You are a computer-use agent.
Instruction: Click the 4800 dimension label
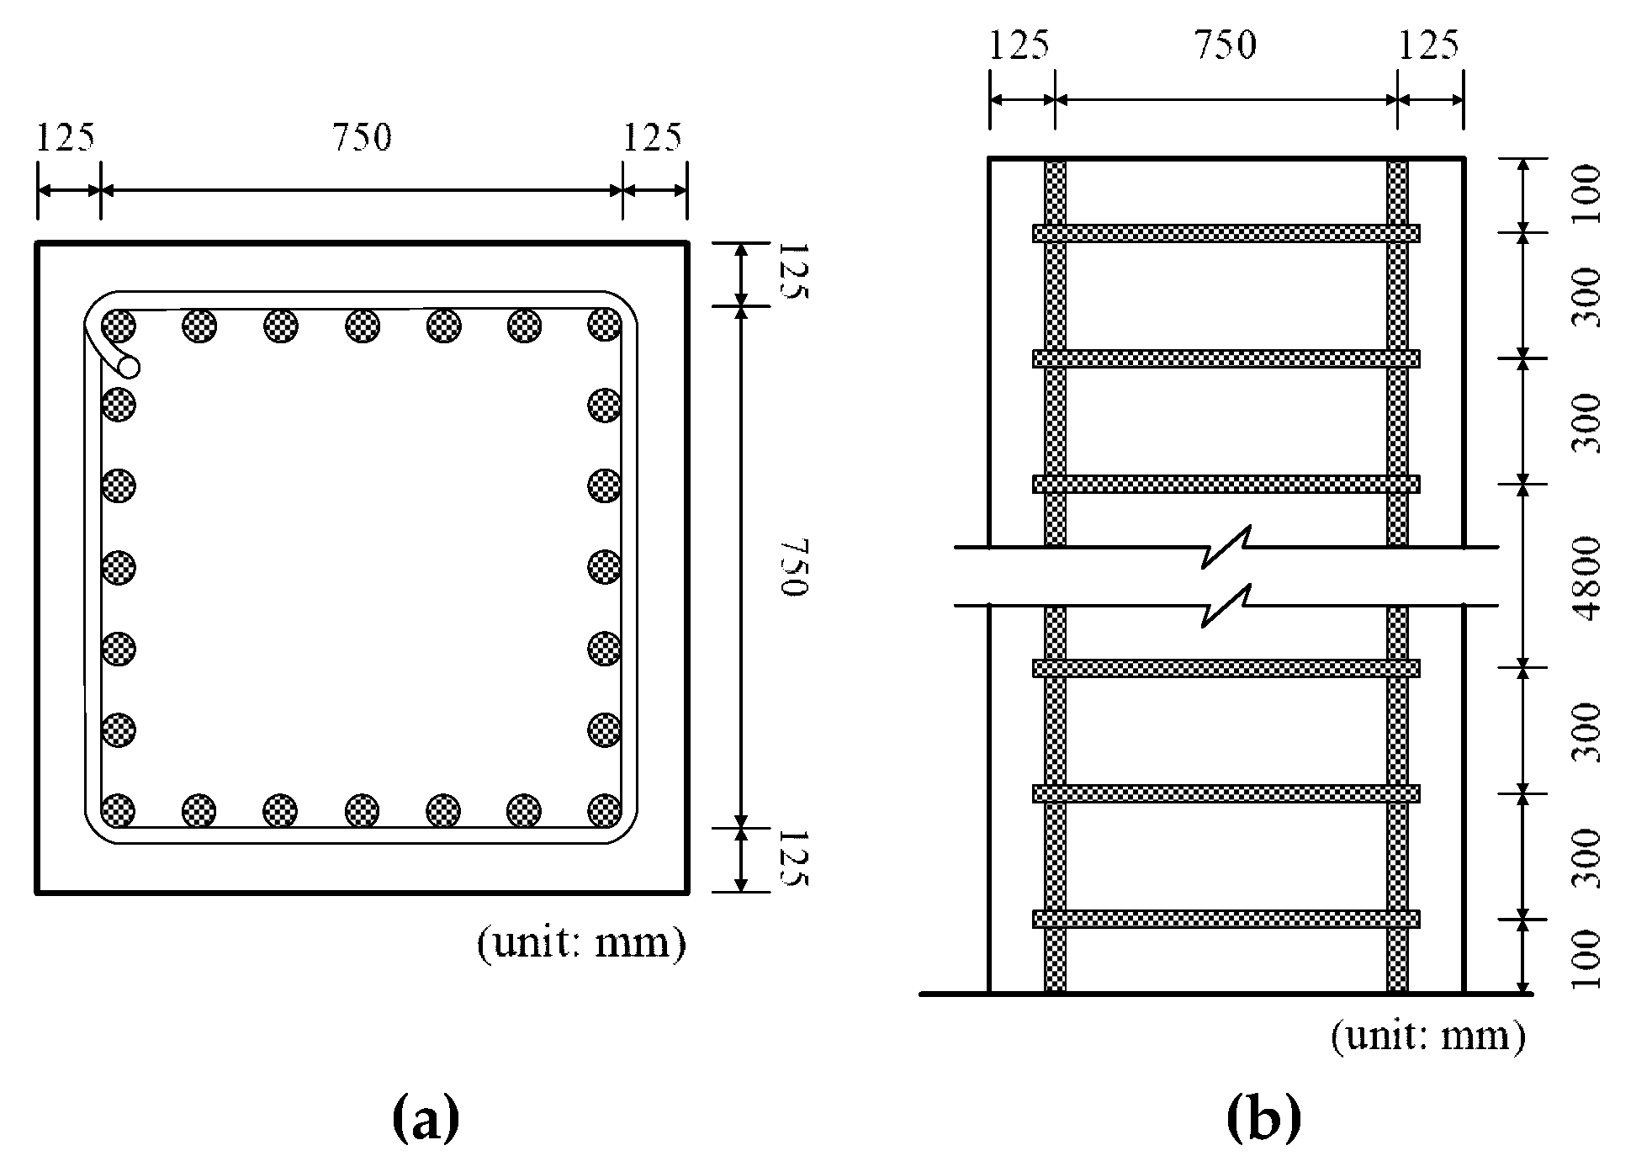point(1586,577)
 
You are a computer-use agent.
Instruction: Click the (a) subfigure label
point(426,1120)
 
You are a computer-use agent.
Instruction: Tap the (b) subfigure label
point(1263,1120)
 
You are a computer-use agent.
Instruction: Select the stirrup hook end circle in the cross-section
point(130,367)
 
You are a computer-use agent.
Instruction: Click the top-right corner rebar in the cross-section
point(604,325)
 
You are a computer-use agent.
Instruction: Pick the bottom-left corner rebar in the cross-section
point(118,811)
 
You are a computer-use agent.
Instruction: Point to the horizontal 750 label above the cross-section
point(362,138)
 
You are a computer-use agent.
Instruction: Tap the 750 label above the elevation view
point(1225,45)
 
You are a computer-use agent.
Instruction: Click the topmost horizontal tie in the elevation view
point(1226,233)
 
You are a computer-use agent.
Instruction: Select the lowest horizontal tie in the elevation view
point(1226,919)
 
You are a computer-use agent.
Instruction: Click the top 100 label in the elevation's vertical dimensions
point(1586,194)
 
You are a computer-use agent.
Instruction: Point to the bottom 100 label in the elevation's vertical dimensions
point(1586,958)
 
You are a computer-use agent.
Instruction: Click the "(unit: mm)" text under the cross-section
point(581,942)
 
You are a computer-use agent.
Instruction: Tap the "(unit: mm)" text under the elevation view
point(1427,1036)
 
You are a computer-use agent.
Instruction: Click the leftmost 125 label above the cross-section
point(66,138)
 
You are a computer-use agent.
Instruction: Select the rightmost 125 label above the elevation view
point(1428,45)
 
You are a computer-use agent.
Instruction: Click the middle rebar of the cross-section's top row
point(362,325)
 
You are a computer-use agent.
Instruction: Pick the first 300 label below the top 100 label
point(1586,296)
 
